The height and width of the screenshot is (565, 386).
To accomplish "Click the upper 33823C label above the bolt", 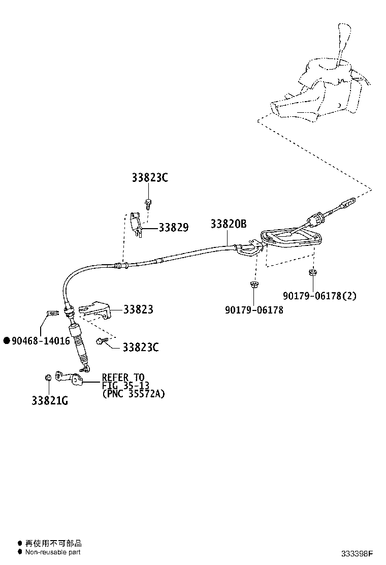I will click(x=150, y=178).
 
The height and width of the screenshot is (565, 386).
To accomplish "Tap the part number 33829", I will click(x=173, y=228).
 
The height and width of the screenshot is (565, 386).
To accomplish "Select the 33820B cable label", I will click(x=229, y=224).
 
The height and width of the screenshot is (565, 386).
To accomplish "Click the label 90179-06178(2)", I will click(x=319, y=296).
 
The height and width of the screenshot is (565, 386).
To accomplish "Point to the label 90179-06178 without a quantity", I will click(x=254, y=309).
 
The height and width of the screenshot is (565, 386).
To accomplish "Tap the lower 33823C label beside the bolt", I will click(x=140, y=348).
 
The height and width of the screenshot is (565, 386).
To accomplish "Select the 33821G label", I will click(x=50, y=400).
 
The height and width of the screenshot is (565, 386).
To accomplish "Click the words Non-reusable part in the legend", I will click(x=53, y=552).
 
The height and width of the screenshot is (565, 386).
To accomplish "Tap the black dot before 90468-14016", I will click(x=7, y=341).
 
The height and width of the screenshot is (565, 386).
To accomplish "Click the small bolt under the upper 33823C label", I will click(x=148, y=204).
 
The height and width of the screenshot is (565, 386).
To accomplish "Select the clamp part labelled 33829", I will click(x=136, y=224).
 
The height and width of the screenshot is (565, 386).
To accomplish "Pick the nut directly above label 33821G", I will click(x=47, y=377).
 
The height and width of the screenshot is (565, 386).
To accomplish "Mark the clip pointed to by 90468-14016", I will click(x=50, y=313).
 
